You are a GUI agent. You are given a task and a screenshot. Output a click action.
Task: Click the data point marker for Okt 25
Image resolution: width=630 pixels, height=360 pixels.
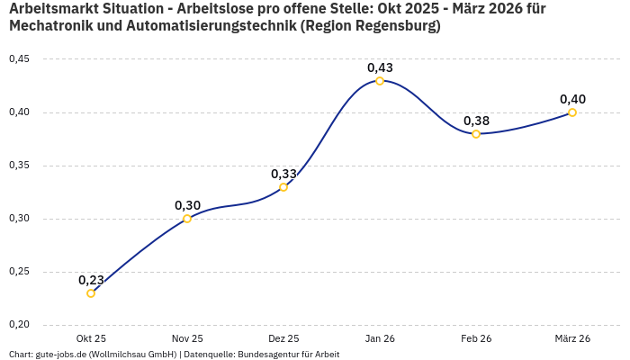pyautogui.click(x=91, y=293)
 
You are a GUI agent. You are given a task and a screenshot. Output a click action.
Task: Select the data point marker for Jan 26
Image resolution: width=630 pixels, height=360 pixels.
pyautogui.click(x=380, y=81)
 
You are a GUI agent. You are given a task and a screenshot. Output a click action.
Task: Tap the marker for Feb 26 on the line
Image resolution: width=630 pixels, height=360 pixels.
pyautogui.click(x=476, y=134)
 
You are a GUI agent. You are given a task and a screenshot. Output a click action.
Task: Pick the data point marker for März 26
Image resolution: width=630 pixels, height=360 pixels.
pyautogui.click(x=572, y=112)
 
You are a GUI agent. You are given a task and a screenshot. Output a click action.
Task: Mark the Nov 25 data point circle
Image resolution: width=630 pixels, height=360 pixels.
pyautogui.click(x=187, y=219)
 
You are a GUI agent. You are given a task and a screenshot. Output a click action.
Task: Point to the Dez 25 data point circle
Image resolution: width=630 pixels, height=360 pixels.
pyautogui.click(x=283, y=187)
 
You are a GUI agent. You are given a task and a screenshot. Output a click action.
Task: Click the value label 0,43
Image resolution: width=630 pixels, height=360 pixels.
pyautogui.click(x=380, y=67)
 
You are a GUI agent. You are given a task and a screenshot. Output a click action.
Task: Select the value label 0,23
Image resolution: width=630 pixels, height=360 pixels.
pyautogui.click(x=91, y=280)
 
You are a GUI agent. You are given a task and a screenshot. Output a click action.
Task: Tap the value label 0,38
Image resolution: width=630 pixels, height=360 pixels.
pyautogui.click(x=476, y=121)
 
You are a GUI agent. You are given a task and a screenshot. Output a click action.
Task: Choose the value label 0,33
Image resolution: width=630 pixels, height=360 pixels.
pyautogui.click(x=283, y=174)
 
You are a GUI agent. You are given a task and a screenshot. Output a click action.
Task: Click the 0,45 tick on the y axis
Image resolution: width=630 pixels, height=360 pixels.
pyautogui.click(x=19, y=59)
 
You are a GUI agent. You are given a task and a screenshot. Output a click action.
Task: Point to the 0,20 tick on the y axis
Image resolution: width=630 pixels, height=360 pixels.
pyautogui.click(x=19, y=325)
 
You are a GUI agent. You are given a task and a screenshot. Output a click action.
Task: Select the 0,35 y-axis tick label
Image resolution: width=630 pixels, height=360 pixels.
pyautogui.click(x=19, y=166)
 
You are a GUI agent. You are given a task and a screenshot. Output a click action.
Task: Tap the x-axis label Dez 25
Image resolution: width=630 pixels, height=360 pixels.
pyautogui.click(x=283, y=338)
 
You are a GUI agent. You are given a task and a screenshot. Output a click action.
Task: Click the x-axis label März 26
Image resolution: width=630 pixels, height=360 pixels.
pyautogui.click(x=572, y=338)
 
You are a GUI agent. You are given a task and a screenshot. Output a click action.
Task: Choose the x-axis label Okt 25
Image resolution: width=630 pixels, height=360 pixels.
pyautogui.click(x=91, y=338)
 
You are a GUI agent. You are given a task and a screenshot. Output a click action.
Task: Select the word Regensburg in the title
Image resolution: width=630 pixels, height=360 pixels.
pyautogui.click(x=393, y=27)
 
